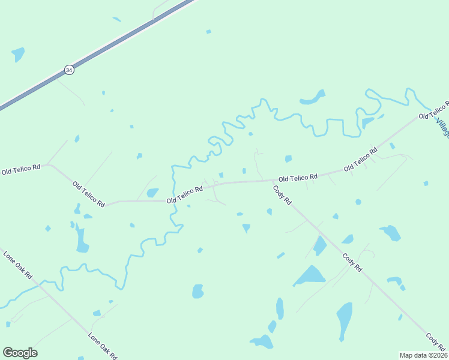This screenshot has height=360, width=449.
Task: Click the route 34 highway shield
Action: coord(69,70)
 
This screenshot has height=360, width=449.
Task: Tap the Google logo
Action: coord(20,353)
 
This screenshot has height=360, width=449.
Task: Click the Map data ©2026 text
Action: coord(423,355)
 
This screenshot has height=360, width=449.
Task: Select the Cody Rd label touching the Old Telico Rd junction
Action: coord(282,195)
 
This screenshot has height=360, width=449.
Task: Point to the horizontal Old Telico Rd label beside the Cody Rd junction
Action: coord(297,178)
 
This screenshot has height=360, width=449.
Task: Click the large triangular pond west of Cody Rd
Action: coord(310,275)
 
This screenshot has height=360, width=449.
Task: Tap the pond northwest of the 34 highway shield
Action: coord(18,54)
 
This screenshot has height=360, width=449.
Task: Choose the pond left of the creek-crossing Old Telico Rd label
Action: coord(152,193)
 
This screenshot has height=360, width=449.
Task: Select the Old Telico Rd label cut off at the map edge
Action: coord(434,110)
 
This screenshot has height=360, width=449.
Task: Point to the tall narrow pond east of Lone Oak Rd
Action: coord(82,239)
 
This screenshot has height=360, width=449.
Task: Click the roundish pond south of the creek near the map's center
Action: coord(197,292)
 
